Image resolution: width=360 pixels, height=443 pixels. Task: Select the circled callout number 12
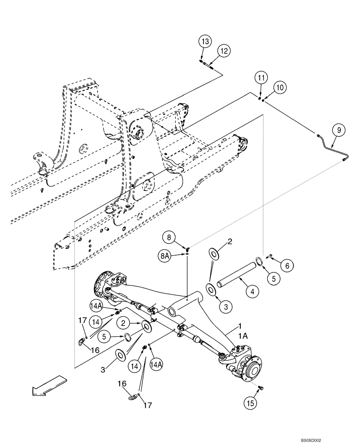224,51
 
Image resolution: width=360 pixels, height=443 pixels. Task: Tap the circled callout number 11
262,78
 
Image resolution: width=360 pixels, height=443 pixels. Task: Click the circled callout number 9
338,130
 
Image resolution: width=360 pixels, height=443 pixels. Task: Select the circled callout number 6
286,266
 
